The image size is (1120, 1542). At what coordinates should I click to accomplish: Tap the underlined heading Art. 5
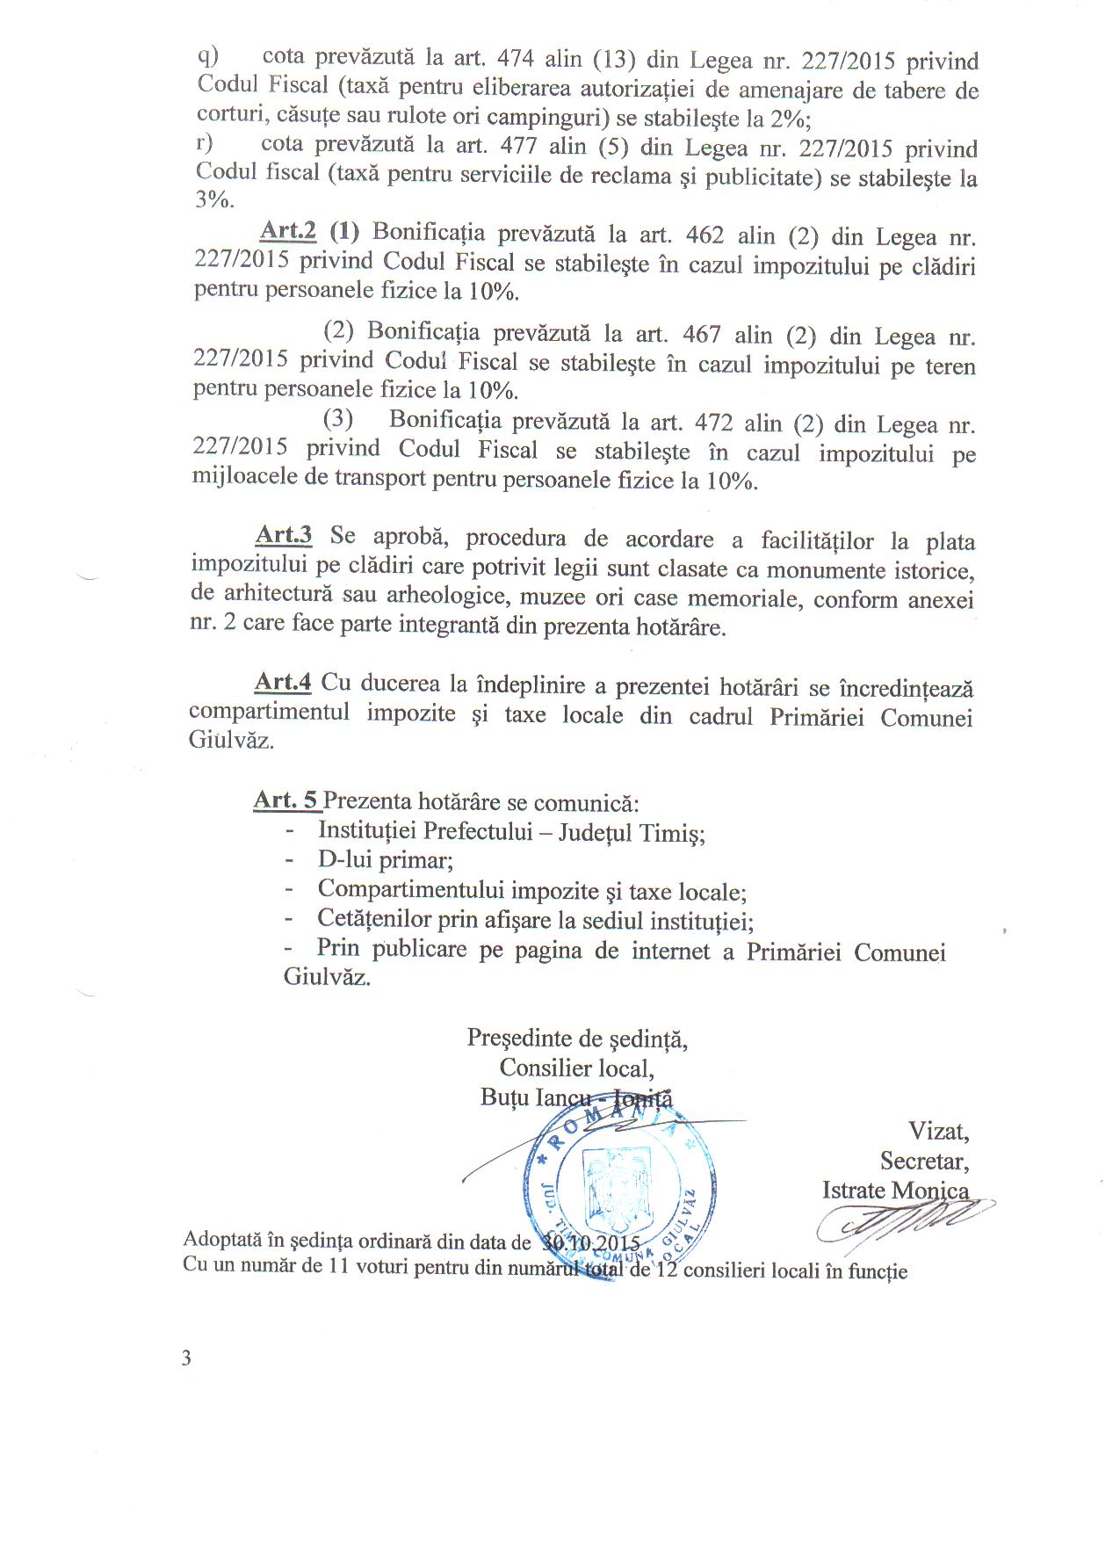[286, 800]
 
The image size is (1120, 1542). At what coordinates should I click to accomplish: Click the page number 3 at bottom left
[186, 1358]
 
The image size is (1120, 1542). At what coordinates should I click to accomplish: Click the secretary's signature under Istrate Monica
[905, 1221]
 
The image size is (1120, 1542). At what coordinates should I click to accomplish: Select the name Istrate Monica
[895, 1191]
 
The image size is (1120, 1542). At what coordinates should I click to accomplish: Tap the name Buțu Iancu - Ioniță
[575, 1097]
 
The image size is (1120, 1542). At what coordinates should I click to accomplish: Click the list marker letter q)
[207, 55]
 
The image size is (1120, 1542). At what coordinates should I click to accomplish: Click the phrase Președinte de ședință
[577, 1039]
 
